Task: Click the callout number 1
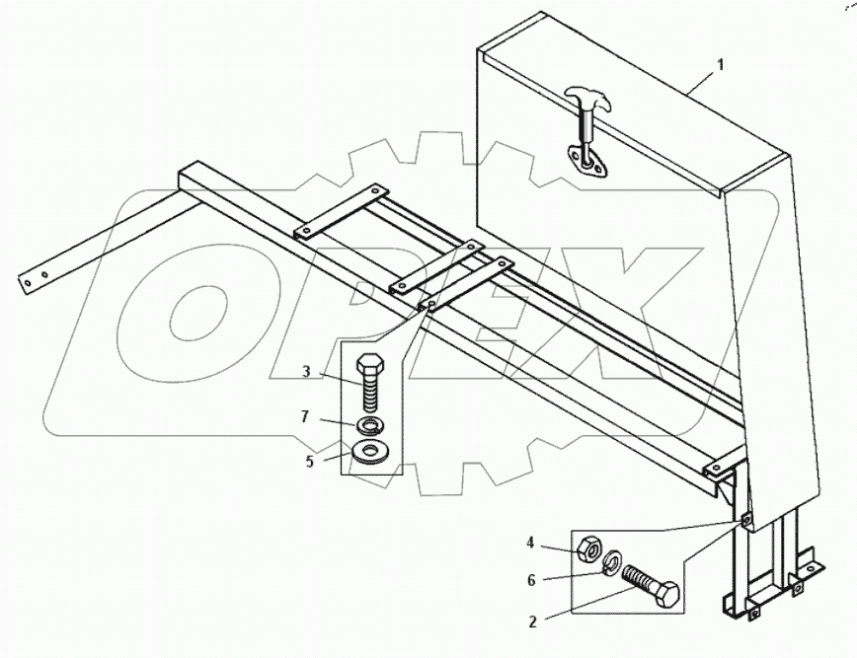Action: pos(721,65)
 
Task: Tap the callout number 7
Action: pos(305,417)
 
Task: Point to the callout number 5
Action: pos(310,462)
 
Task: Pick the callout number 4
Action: pos(530,543)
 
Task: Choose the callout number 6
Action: pos(531,580)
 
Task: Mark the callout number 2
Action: pos(533,621)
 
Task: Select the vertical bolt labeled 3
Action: pos(371,385)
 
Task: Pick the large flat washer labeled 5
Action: pos(368,452)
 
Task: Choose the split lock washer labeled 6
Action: pos(612,562)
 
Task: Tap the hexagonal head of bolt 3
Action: pos(371,365)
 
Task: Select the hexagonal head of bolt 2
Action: pos(666,594)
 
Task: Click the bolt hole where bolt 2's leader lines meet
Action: pos(745,519)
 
